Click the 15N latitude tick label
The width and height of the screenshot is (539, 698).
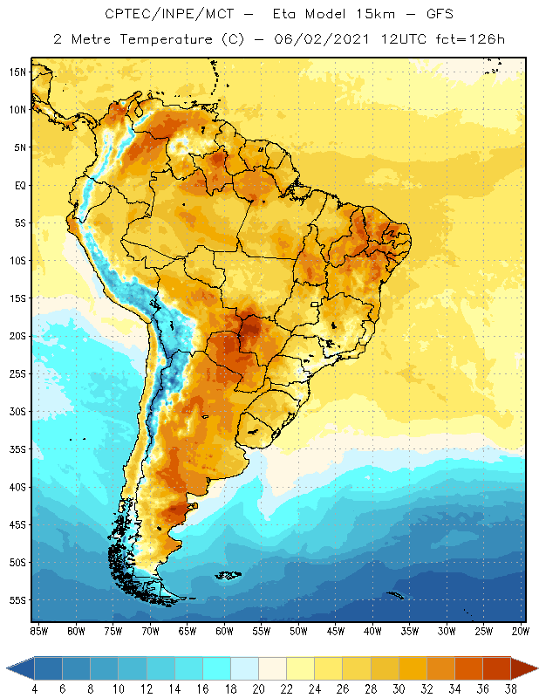pos(17,72)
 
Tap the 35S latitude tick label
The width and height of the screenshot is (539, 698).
pos(17,449)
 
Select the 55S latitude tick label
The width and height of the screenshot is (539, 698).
pos(17,600)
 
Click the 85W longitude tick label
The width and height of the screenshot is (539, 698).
pos(39,630)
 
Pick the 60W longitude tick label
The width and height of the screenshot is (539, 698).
pos(224,630)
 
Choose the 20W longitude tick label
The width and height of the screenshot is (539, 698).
pos(521,630)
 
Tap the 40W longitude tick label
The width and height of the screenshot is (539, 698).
pos(372,630)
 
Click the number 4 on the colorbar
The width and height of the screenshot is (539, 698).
pos(34,690)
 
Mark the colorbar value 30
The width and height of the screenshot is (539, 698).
pos(399,690)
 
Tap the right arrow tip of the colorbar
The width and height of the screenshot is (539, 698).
pos(536,668)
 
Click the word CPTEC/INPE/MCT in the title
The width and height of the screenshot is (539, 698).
pos(158,15)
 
